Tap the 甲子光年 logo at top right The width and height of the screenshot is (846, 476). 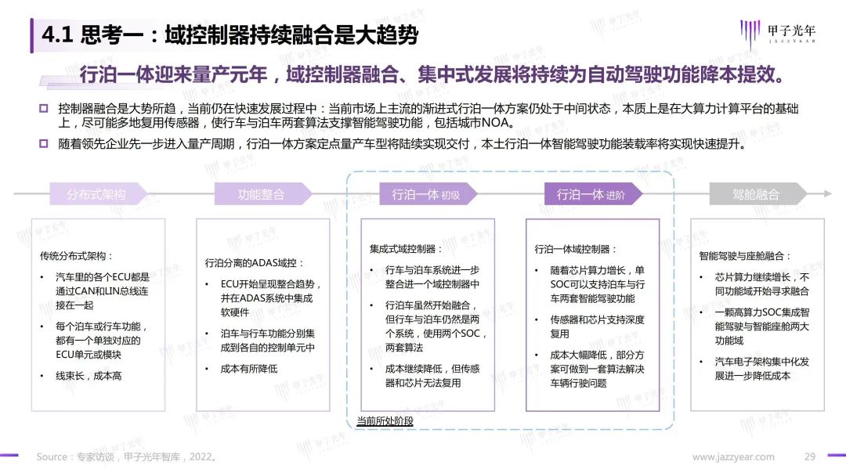point(772,35)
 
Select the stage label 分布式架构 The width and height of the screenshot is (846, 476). point(97,194)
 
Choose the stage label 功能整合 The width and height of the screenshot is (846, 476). point(261,194)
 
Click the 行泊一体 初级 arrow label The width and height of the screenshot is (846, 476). point(425,194)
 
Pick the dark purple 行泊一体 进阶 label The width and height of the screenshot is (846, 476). point(591,194)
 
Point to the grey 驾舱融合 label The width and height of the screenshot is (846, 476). point(755,194)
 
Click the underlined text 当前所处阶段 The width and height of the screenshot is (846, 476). point(385,420)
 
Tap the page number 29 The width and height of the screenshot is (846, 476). point(810,456)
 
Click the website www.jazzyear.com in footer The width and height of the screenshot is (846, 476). point(733,456)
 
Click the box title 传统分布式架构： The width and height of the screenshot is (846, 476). point(77,255)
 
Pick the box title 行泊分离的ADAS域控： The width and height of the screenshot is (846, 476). point(253,263)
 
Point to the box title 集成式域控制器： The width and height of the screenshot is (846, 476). point(407,249)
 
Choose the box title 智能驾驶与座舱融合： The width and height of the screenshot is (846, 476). point(745,255)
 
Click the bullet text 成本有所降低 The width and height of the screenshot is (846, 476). point(249,368)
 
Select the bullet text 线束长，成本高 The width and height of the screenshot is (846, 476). point(89,376)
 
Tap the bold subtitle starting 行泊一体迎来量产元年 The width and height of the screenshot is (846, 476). point(432,76)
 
